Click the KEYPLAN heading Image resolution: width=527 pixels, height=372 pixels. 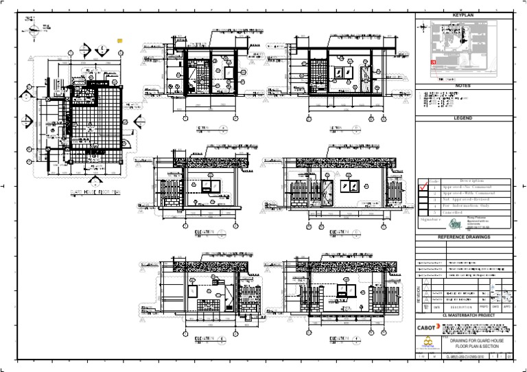(x=463, y=14)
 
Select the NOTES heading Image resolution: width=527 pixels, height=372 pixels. (x=463, y=86)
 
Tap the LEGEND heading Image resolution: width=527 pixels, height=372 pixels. (x=463, y=118)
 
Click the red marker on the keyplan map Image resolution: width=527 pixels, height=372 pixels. (x=433, y=62)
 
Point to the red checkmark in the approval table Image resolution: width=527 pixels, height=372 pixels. (x=423, y=187)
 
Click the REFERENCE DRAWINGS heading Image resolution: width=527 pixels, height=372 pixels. (x=463, y=236)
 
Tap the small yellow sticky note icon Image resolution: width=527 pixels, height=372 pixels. (x=119, y=40)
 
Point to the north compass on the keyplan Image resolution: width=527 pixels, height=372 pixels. (x=423, y=27)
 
